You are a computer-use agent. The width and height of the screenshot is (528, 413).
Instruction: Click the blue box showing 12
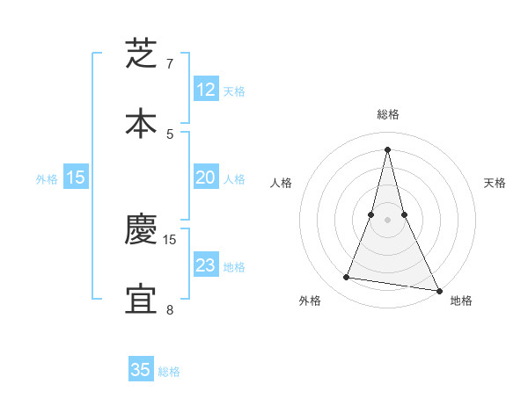click(x=205, y=90)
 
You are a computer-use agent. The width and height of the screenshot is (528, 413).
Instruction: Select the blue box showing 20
click(x=205, y=178)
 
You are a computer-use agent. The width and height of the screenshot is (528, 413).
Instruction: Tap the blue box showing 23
click(x=205, y=265)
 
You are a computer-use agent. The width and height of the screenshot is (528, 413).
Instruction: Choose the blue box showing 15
click(x=76, y=178)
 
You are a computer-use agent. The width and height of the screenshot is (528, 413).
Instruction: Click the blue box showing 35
click(x=141, y=370)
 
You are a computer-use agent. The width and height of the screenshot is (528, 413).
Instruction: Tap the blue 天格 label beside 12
click(x=233, y=91)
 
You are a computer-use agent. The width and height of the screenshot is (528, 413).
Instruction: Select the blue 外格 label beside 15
click(x=47, y=179)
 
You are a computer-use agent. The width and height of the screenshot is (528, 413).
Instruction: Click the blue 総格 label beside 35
click(x=169, y=372)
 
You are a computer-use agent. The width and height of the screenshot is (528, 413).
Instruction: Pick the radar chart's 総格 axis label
click(x=388, y=114)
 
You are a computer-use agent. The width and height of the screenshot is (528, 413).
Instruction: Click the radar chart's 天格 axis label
click(x=495, y=183)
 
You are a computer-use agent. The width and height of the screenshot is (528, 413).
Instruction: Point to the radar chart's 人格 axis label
click(x=281, y=183)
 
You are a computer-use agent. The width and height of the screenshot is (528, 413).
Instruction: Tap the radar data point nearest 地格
click(x=438, y=290)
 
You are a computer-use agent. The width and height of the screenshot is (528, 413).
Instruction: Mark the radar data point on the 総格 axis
click(x=388, y=149)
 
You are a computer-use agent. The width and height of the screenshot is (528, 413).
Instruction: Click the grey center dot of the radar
click(x=388, y=219)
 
